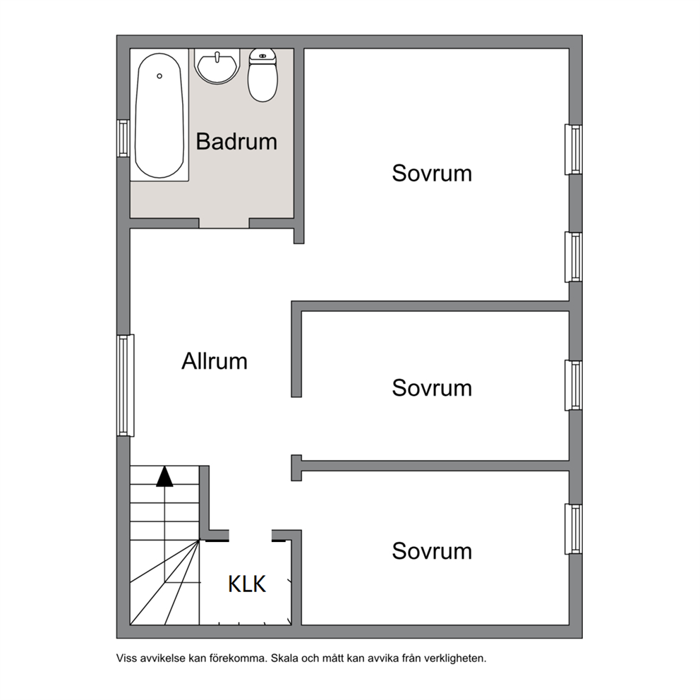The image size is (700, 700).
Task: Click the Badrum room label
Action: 236,142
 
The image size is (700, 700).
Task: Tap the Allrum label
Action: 215,361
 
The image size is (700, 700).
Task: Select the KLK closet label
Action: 247,584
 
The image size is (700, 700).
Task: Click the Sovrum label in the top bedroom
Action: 432,173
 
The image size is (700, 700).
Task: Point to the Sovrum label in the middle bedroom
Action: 432,388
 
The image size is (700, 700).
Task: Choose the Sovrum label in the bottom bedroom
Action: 432,551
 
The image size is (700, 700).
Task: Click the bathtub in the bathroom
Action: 159,116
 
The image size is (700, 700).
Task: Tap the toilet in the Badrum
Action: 262,75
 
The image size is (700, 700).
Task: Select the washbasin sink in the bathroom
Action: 217,66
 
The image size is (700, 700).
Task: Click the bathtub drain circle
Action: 159,76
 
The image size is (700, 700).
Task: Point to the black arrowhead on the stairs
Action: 164,476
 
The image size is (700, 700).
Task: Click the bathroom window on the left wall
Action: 123,138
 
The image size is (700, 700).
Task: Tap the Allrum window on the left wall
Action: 126,385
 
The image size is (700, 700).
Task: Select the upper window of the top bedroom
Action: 574,150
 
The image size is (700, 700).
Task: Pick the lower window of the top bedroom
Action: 574,257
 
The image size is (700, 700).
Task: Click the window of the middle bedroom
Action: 574,385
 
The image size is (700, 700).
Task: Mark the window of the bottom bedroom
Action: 574,529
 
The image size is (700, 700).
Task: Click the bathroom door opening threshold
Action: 224,223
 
